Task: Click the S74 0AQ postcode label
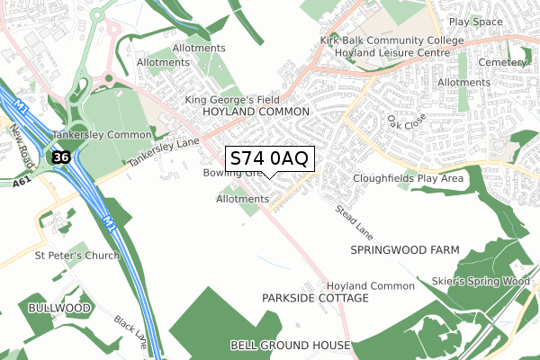coord(269,157)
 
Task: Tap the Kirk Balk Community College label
coord(392,41)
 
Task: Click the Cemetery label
coord(503,63)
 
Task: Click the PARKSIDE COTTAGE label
coord(315,297)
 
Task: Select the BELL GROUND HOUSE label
coord(290,346)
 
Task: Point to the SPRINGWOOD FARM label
coord(404,249)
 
